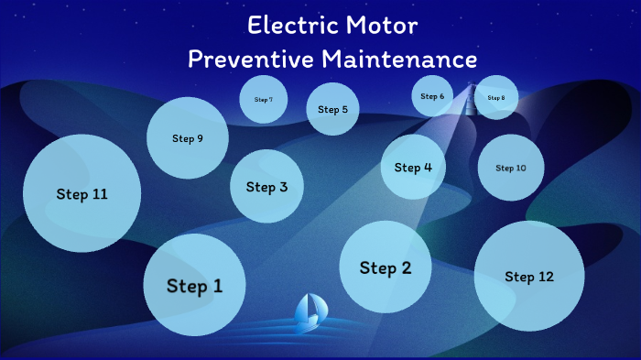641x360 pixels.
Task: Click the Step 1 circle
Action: [x=194, y=285]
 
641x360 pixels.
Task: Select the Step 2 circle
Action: [x=385, y=267]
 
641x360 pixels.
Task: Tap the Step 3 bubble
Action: [x=266, y=187]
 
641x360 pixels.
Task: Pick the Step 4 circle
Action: [x=413, y=167]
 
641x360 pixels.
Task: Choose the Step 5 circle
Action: [x=332, y=109]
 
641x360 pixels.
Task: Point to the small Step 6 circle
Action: [x=432, y=96]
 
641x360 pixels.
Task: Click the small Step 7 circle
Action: [x=264, y=99]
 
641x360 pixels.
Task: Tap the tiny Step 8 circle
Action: [x=496, y=98]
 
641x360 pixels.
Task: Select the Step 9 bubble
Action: [x=188, y=138]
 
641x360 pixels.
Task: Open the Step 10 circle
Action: [x=511, y=168]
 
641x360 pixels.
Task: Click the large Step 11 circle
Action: [x=81, y=193]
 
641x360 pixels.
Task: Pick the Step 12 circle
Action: [x=529, y=276]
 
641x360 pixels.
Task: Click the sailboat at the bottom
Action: [x=309, y=312]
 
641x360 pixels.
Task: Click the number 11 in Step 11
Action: [x=99, y=194]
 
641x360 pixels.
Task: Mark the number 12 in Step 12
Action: [x=547, y=277]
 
